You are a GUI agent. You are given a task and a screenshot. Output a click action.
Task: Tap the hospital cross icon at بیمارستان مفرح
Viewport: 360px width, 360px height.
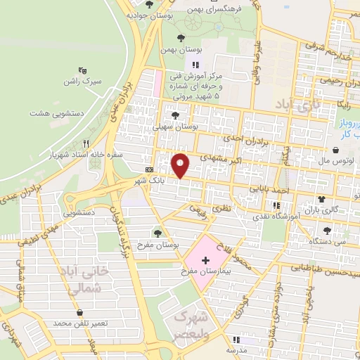click(205, 260)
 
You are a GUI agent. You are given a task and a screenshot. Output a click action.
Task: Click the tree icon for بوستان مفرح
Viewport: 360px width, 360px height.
click(157, 232)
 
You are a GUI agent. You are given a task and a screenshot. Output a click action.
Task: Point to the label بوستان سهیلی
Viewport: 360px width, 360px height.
click(175, 128)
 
